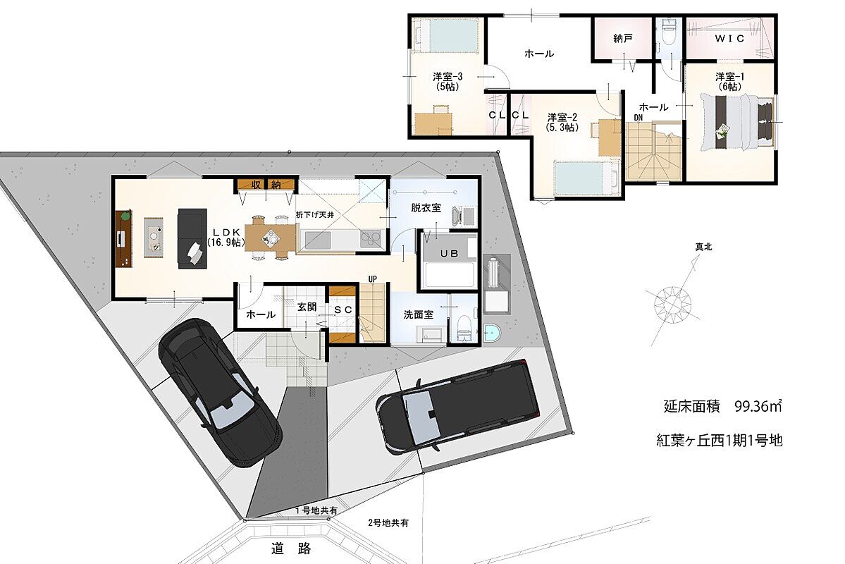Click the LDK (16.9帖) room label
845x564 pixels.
[226, 238]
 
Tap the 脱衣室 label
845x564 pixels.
[426, 207]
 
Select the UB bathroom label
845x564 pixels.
[449, 253]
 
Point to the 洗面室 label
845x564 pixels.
[418, 314]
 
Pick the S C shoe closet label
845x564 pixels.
[343, 309]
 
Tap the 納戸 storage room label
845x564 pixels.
[623, 39]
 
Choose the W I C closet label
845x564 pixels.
[729, 38]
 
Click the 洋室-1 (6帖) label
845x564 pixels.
[729, 81]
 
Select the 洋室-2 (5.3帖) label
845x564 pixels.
[562, 122]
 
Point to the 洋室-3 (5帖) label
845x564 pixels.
[448, 81]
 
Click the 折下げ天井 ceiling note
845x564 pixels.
[315, 214]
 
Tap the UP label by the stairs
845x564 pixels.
[372, 278]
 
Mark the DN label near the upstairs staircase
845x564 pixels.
[638, 117]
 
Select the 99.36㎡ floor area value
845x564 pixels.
[758, 406]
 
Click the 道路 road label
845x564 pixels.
[291, 549]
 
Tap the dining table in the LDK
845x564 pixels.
[271, 238]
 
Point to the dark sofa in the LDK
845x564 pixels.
[192, 238]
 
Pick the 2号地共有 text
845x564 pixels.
[388, 522]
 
